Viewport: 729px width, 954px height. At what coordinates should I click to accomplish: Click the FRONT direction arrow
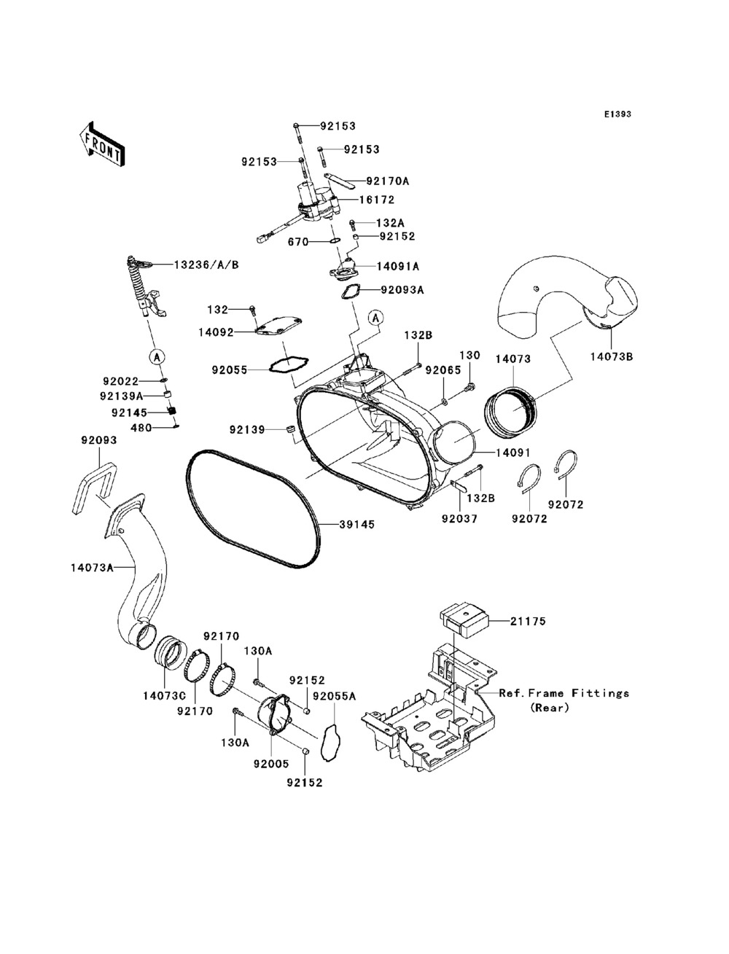pos(102,144)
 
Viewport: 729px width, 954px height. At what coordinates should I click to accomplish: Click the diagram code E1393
pos(617,114)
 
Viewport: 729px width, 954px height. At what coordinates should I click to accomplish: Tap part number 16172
pos(376,200)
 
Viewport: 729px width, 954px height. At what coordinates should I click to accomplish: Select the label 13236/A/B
pos(206,265)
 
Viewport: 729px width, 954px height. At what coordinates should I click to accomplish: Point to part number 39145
pos(357,525)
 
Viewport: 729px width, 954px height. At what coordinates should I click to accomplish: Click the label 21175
pos(528,621)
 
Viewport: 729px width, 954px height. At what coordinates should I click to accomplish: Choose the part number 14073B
pos(612,356)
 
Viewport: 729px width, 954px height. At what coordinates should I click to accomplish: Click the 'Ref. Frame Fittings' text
pos(564,693)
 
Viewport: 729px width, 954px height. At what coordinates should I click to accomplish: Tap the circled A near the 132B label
pos(376,318)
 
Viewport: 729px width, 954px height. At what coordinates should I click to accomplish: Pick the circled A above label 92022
pos(156,357)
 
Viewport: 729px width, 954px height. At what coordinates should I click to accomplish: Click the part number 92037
pos(459,518)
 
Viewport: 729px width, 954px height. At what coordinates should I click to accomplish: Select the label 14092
pos(216,332)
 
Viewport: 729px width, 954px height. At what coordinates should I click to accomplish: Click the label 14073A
pos(92,568)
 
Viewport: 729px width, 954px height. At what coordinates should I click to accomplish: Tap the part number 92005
pos(271,764)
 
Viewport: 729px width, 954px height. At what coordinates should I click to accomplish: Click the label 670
pos(298,242)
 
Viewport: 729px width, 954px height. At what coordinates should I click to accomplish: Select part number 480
pos(141,428)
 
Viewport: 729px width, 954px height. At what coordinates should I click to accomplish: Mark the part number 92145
pos(129,413)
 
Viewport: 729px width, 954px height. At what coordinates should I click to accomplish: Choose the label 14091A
pos(398,267)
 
